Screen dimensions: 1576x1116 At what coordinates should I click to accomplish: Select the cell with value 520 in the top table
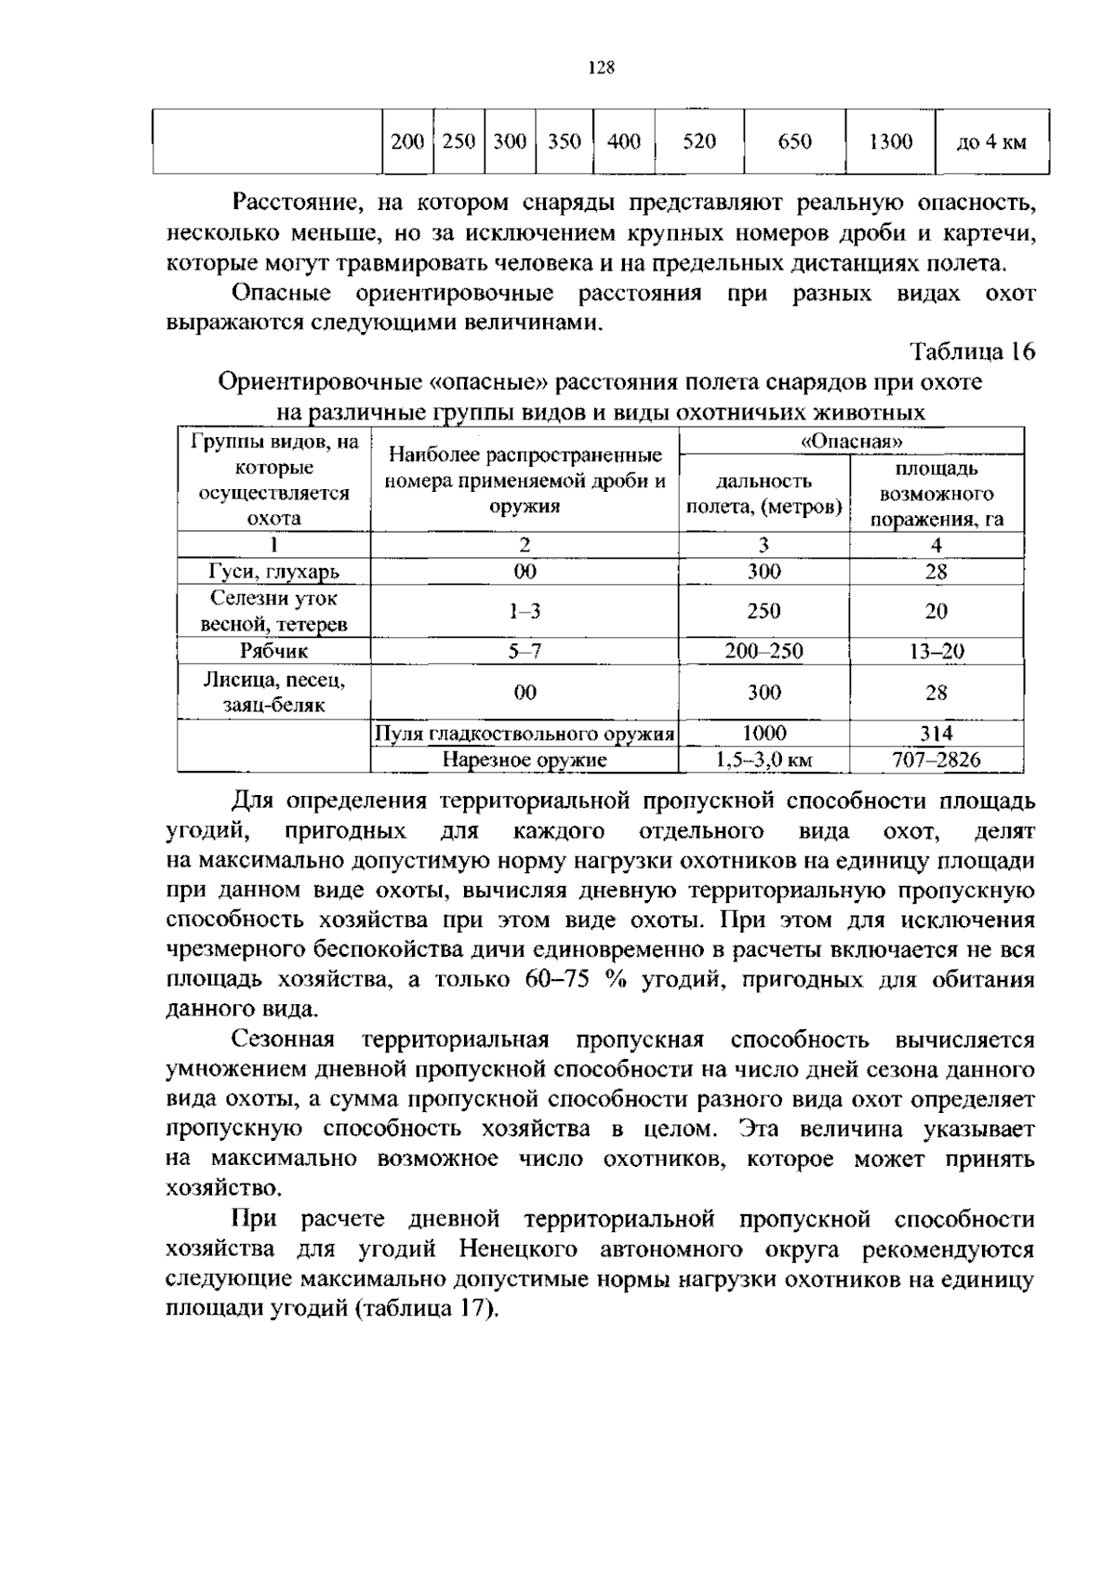click(699, 141)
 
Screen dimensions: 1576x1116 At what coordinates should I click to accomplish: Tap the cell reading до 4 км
click(991, 142)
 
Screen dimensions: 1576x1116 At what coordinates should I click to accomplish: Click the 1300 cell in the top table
click(890, 141)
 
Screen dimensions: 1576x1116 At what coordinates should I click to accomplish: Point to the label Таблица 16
click(972, 351)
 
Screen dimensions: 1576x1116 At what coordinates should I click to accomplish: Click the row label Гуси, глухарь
click(273, 571)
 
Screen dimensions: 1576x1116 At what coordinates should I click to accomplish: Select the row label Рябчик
click(273, 651)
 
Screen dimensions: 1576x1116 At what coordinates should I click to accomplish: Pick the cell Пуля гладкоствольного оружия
click(524, 734)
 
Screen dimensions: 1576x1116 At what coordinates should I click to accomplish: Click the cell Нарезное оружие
click(524, 760)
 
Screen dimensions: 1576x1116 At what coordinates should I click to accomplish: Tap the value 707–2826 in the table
click(936, 760)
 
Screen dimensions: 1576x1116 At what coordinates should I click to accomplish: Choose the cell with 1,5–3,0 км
click(764, 760)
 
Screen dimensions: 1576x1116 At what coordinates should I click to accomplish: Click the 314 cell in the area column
click(936, 734)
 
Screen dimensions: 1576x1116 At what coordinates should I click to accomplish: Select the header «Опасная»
click(851, 441)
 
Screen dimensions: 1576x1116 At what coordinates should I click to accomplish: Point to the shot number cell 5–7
click(525, 651)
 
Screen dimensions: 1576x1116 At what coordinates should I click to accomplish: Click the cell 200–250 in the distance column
click(764, 651)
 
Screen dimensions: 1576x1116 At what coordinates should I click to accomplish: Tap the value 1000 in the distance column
click(764, 734)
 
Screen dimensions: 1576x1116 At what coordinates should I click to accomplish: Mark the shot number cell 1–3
click(525, 611)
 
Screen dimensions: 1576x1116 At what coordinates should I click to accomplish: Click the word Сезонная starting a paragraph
click(282, 1040)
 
